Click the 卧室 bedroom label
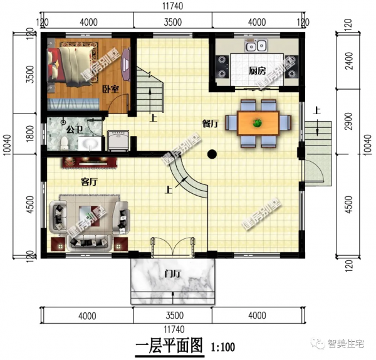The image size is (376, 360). point(111,90)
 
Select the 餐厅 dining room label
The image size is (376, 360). point(210,124)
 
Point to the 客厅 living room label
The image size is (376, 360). point(90,182)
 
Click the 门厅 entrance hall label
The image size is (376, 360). point(172,273)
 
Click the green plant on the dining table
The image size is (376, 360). point(257,122)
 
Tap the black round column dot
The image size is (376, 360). point(212,152)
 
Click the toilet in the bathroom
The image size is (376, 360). point(64,142)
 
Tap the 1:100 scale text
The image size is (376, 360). point(222,346)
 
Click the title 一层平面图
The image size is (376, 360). point(170,346)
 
